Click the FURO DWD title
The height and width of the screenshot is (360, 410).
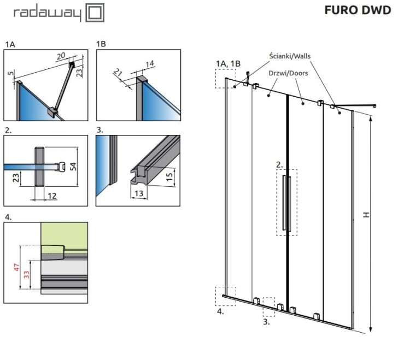(358, 10)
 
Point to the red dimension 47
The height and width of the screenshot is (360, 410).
(16, 268)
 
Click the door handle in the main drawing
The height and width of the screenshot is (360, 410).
(284, 202)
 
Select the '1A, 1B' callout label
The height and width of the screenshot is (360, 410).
(228, 64)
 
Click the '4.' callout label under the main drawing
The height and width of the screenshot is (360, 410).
(220, 311)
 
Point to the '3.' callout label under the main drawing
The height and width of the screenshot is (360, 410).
(266, 322)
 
